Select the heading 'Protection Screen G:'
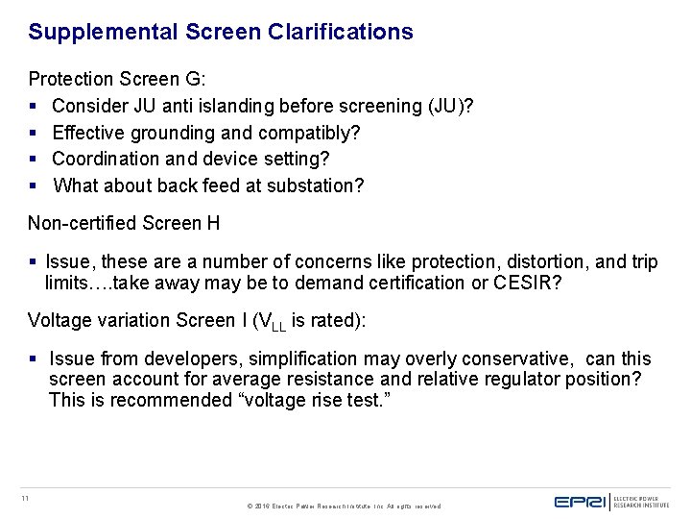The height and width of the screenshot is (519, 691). tap(116, 79)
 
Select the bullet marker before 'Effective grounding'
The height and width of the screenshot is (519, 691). tap(34, 133)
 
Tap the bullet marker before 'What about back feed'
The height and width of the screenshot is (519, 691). tap(34, 185)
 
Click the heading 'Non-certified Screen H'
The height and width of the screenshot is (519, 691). tap(124, 223)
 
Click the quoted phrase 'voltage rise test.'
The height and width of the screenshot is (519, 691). tap(313, 400)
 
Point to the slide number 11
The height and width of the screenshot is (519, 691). tap(25, 497)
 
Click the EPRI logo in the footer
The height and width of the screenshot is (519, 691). tap(582, 501)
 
